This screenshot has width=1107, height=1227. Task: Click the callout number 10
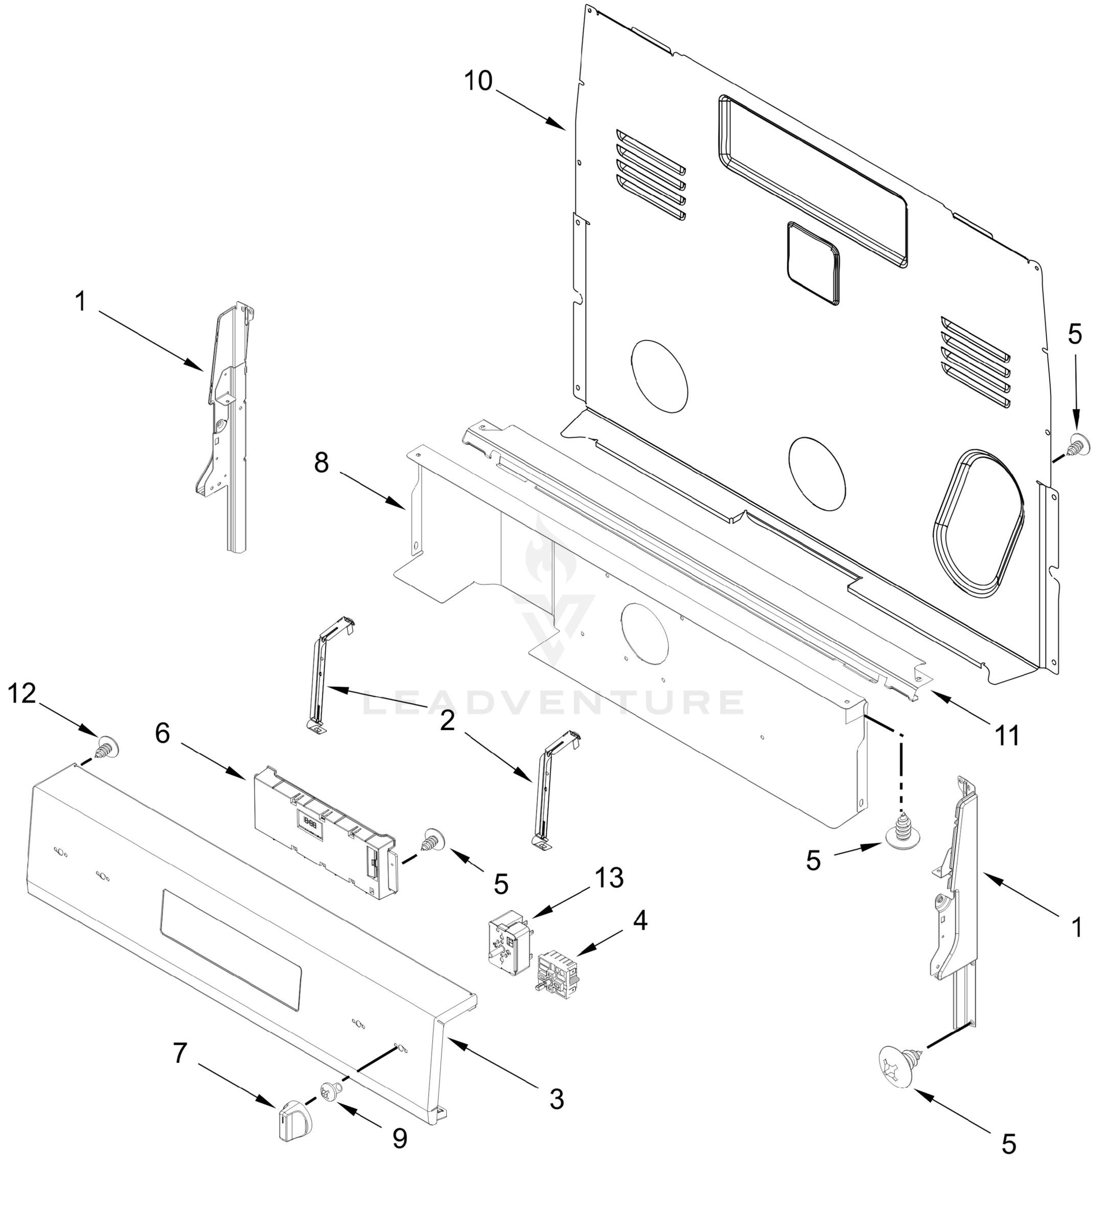(x=477, y=81)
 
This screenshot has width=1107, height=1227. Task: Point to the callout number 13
(x=609, y=878)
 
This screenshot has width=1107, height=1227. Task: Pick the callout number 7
(x=180, y=1053)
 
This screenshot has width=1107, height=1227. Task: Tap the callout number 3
(x=557, y=1099)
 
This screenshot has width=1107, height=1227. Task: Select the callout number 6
(x=163, y=734)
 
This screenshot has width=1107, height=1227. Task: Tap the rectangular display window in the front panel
(x=232, y=951)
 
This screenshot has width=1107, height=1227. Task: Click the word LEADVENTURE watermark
(x=553, y=702)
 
